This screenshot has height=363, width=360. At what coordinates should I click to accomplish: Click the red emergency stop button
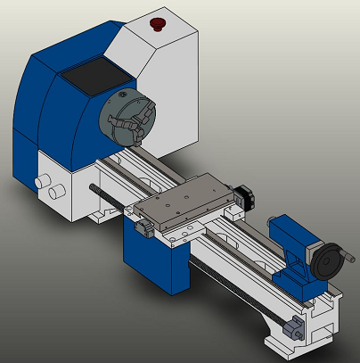click(159, 21)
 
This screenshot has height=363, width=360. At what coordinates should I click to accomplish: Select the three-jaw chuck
click(125, 120)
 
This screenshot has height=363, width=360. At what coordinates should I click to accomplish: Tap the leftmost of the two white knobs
click(39, 182)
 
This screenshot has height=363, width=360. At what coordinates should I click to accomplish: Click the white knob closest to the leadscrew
click(58, 191)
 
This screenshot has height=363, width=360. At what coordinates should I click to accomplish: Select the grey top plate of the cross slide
click(187, 200)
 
